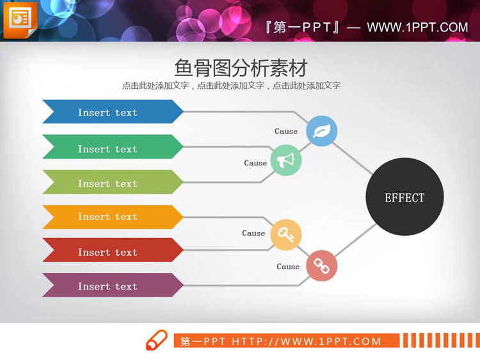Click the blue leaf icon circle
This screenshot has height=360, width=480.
[321, 130]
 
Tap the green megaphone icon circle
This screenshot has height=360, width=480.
[286, 160]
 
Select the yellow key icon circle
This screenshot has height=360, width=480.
[286, 235]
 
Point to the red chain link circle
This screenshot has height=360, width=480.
[321, 266]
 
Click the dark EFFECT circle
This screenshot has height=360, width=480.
[404, 197]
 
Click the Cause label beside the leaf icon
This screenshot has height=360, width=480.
[286, 131]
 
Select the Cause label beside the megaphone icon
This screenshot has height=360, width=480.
[255, 163]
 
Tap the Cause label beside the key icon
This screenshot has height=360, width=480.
[253, 233]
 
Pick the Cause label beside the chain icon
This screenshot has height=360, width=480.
[288, 267]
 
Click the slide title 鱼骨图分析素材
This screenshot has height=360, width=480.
[241, 68]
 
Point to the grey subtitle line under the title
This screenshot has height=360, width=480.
[231, 86]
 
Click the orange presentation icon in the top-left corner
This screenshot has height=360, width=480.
[20, 19]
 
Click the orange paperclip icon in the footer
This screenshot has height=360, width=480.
[157, 340]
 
